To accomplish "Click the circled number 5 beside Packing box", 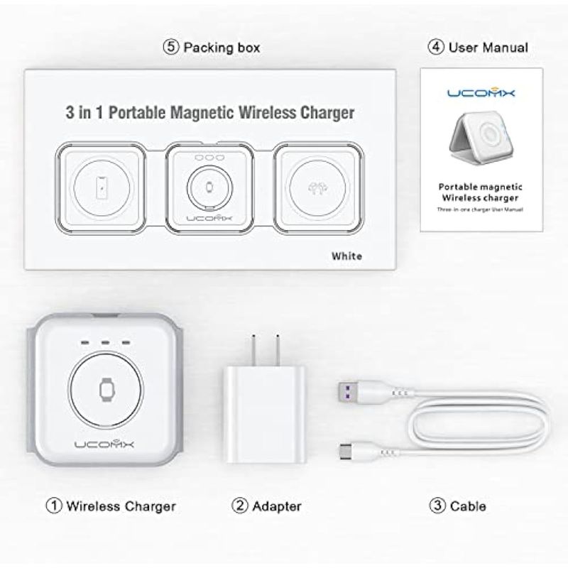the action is point(171,47).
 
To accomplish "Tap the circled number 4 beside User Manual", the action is point(436,47).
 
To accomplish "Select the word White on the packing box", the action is point(346,256).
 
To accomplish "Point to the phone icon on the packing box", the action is point(102,187).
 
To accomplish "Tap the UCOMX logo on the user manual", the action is point(481,92).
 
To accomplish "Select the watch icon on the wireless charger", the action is point(106,390).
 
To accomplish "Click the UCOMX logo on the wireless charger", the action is point(104,444).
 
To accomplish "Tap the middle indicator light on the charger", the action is point(105,342).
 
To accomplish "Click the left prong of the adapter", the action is point(254,350).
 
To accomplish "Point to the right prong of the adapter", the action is point(277,350).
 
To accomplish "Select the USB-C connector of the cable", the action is point(348,452).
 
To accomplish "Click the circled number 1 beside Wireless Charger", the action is point(54,506).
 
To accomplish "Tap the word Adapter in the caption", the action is point(277,506).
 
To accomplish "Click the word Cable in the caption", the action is point(468,506).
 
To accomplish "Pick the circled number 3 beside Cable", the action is point(437,506).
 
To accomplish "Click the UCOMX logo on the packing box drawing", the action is point(209,218).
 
